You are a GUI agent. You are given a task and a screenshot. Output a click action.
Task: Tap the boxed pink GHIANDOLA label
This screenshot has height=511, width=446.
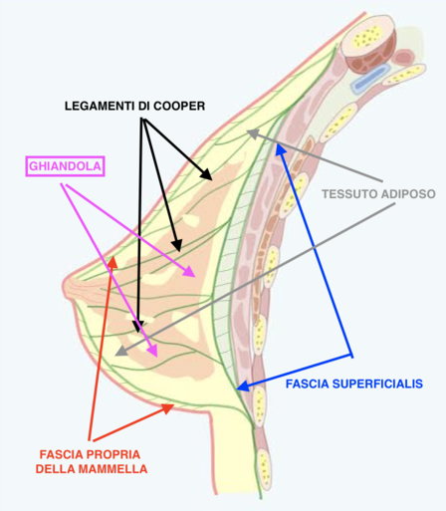[x=65, y=166]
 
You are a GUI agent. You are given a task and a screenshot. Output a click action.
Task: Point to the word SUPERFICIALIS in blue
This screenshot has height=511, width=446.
[x=377, y=383]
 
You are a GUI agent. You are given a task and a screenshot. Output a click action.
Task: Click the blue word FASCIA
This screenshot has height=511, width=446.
[x=308, y=383]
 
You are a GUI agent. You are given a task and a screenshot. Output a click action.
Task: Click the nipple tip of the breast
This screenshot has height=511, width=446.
[x=65, y=285]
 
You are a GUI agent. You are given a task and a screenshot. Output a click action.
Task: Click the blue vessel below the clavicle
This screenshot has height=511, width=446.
[x=371, y=78]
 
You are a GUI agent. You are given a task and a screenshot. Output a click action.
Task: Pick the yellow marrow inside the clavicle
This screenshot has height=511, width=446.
[x=366, y=36]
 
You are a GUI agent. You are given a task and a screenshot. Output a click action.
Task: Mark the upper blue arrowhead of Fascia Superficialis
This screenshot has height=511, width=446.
[x=281, y=150]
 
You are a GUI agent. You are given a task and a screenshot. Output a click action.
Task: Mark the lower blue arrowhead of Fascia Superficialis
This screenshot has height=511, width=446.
[x=243, y=386]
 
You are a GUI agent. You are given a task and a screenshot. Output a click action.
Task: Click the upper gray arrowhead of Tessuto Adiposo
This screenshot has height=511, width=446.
[x=253, y=133]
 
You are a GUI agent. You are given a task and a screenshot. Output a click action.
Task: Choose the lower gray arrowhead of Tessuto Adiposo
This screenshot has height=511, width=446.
[x=121, y=351]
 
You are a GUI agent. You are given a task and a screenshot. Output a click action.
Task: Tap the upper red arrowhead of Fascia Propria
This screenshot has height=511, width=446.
[x=113, y=262]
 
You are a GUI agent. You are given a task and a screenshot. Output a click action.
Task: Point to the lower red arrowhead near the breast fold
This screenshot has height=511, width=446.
[x=167, y=408]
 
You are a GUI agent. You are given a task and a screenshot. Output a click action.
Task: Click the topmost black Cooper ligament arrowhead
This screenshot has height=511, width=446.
[x=206, y=174]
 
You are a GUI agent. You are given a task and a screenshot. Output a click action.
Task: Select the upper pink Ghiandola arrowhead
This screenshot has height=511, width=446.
[x=189, y=271]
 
